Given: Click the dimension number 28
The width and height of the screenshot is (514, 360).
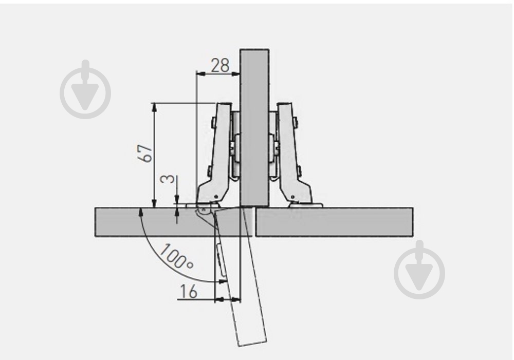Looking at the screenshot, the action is click(x=220, y=66).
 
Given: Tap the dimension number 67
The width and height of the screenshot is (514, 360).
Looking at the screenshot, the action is click(x=145, y=153).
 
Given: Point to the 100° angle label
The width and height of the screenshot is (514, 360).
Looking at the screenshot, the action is click(x=176, y=257).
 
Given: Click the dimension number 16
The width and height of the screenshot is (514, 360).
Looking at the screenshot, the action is click(x=189, y=291).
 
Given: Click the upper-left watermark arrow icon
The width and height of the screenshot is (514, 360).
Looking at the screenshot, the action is click(x=85, y=89).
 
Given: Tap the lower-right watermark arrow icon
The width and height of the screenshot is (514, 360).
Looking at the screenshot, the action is click(x=419, y=270).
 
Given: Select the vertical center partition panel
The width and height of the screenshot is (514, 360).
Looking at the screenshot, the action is click(x=254, y=128).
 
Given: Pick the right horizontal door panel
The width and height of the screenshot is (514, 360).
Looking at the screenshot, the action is click(x=335, y=222).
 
